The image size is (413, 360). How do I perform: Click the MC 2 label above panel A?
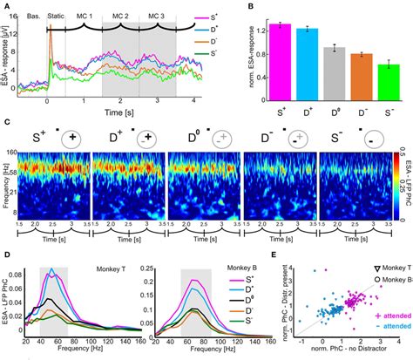click(x=120, y=17)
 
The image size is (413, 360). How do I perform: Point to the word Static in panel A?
click(x=57, y=17)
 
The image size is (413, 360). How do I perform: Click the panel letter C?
click(x=6, y=125)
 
